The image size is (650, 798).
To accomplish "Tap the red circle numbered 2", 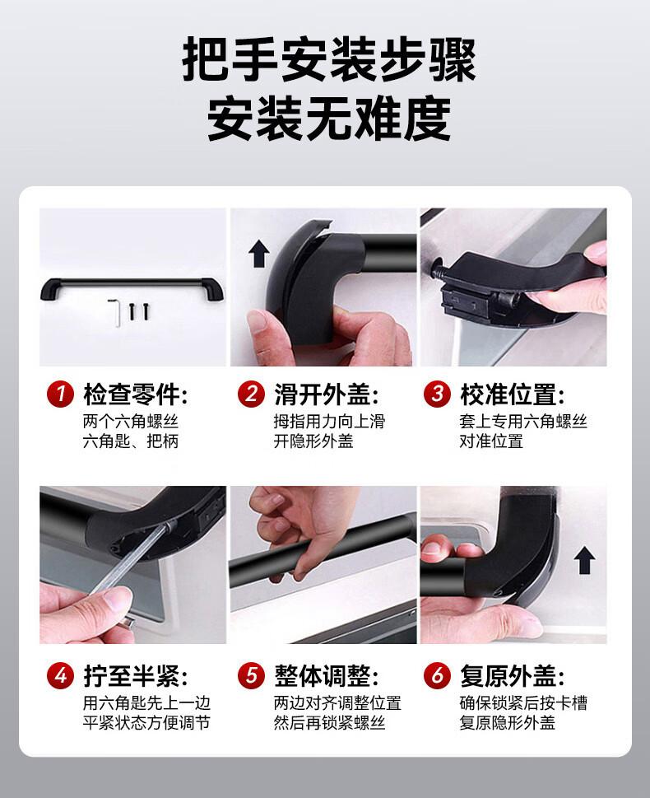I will coord(251,394).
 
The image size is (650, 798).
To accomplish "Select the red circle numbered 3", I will coord(438,394).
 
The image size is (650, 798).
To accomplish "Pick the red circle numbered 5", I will coord(251,677).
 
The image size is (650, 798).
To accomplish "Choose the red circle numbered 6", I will coord(438,677).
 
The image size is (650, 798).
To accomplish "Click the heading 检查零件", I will coord(136,394).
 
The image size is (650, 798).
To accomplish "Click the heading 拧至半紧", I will coord(136,677).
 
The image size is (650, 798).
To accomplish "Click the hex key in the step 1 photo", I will coord(117,311).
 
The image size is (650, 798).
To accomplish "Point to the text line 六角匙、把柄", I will coord(131,441).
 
